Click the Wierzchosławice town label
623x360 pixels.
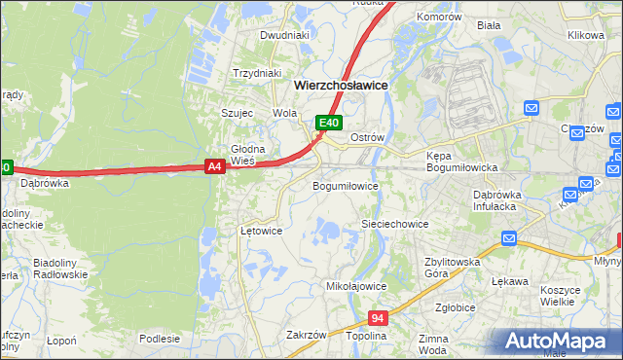tap(341, 86)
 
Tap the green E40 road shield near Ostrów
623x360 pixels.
tap(329, 123)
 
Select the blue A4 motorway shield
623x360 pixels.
tap(216, 167)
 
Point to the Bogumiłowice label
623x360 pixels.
tap(345, 185)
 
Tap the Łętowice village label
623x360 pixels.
tap(261, 232)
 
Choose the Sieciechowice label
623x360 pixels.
tap(395, 224)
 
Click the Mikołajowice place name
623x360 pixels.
tap(356, 287)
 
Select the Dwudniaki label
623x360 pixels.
tap(284, 35)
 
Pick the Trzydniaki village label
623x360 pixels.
tap(257, 73)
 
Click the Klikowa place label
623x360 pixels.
tap(586, 35)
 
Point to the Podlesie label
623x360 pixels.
tap(159, 339)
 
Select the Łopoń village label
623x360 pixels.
tap(60, 342)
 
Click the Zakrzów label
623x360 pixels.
tap(306, 335)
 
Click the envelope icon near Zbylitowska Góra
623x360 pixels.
tap(510, 238)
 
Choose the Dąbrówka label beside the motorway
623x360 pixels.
tap(43, 182)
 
